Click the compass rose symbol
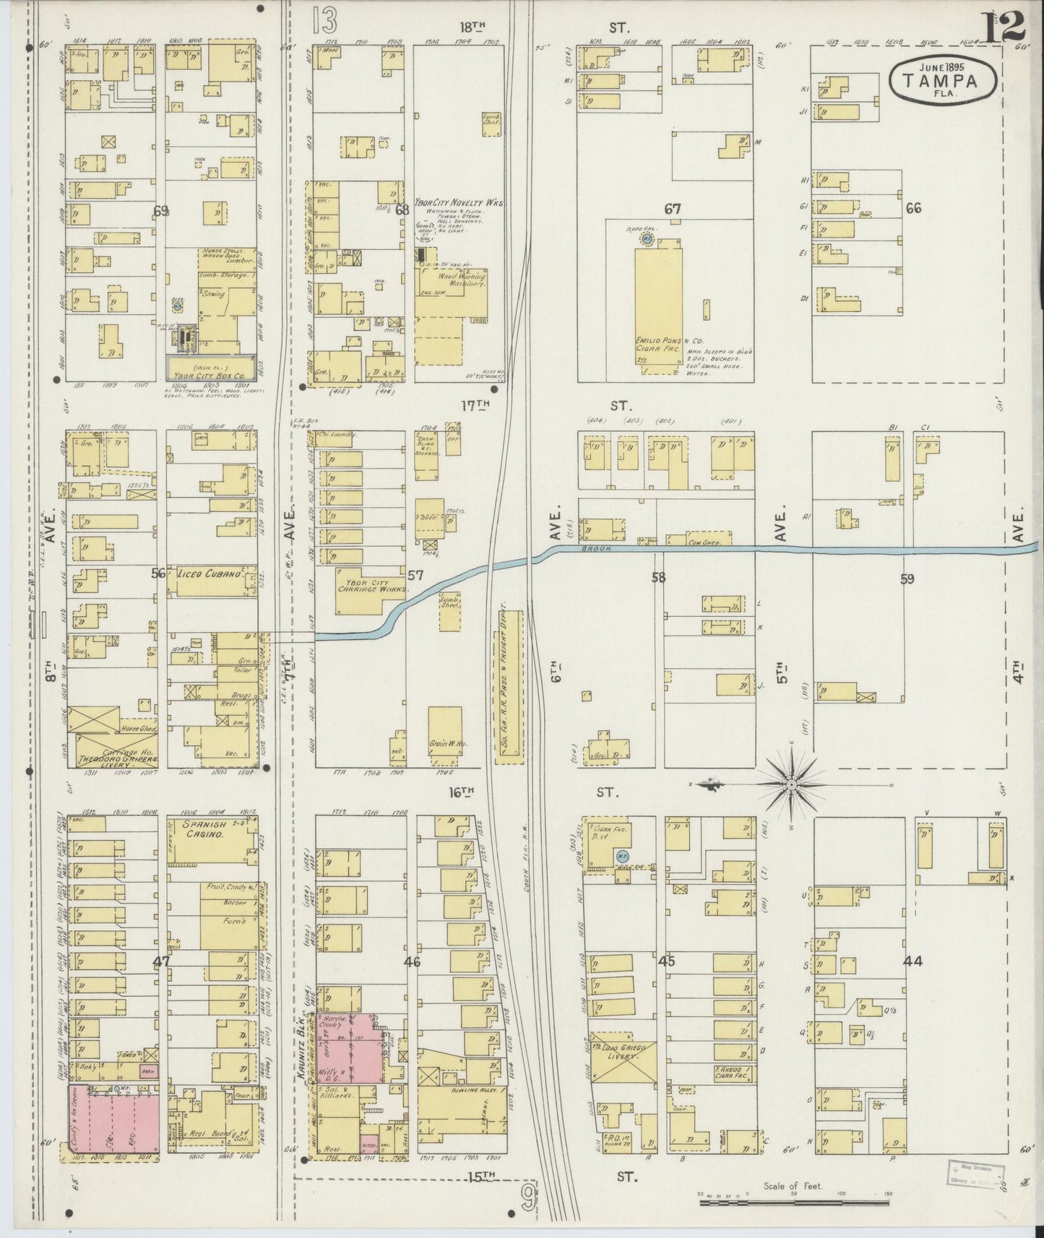click(792, 784)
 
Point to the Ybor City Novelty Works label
click(458, 204)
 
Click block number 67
click(672, 209)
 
